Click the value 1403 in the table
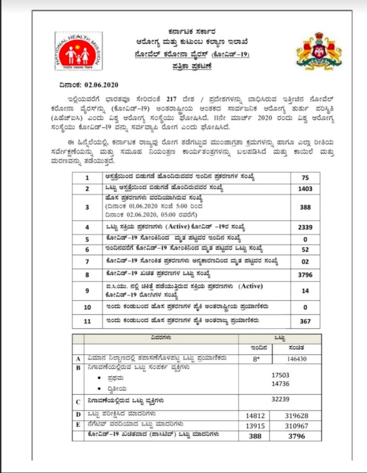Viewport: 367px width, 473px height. [305, 189]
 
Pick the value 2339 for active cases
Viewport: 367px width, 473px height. [305, 227]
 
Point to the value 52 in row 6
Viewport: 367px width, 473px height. [305, 250]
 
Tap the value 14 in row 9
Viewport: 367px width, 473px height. [305, 291]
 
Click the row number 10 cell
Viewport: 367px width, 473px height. [87, 307]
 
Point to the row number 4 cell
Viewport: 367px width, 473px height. [87, 227]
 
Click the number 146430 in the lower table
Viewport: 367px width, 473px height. [296, 358]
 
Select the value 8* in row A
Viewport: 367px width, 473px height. [256, 358]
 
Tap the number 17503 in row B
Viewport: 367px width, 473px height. [280, 375]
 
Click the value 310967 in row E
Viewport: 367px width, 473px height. [296, 425]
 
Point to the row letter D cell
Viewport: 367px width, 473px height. [79, 415]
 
